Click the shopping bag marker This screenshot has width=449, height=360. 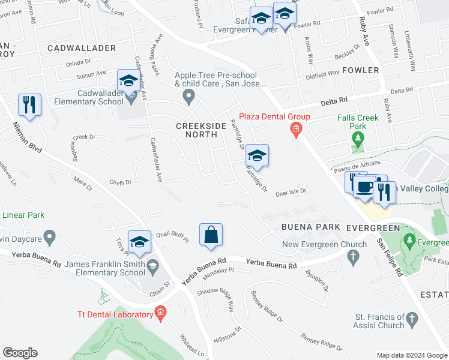pyautogui.click(x=211, y=235)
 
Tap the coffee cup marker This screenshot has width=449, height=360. pyautogui.click(x=365, y=187)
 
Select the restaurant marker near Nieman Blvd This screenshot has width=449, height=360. pyautogui.click(x=29, y=105)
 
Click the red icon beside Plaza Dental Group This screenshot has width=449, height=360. pyautogui.click(x=295, y=128)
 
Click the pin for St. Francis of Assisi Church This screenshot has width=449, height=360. pyautogui.click(x=412, y=320)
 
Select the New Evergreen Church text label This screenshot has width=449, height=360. pyautogui.click(x=324, y=244)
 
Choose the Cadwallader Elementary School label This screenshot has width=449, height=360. pyautogui.click(x=100, y=97)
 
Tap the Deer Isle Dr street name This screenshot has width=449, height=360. pyautogui.click(x=291, y=193)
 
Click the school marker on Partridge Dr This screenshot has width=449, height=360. pyautogui.click(x=257, y=156)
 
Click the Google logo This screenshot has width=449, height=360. pyautogui.click(x=20, y=353)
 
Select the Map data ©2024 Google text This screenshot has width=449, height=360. pyautogui.click(x=412, y=355)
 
